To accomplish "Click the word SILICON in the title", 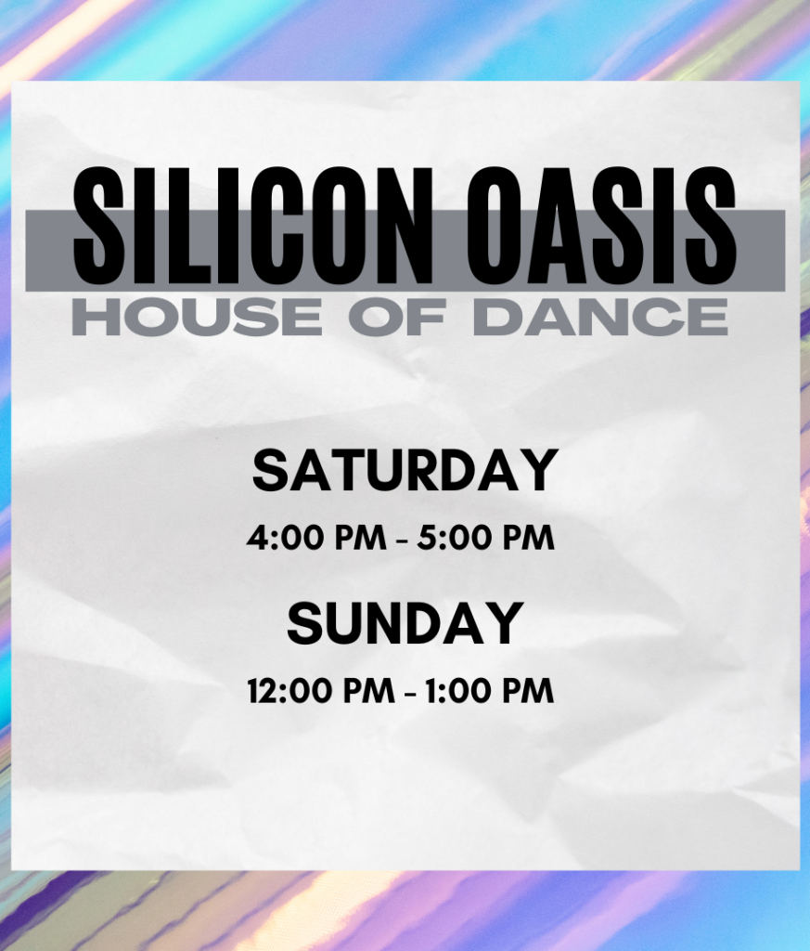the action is [252, 226].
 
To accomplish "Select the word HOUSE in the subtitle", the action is [197, 318].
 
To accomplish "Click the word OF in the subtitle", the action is [397, 318].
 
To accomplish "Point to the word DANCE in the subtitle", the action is [600, 318].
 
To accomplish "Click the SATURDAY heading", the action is [405, 470].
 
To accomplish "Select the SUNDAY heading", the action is [405, 623].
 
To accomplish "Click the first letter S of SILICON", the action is [98, 226].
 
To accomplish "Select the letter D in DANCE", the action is [496, 318].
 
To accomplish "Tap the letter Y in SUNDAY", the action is [505, 623].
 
